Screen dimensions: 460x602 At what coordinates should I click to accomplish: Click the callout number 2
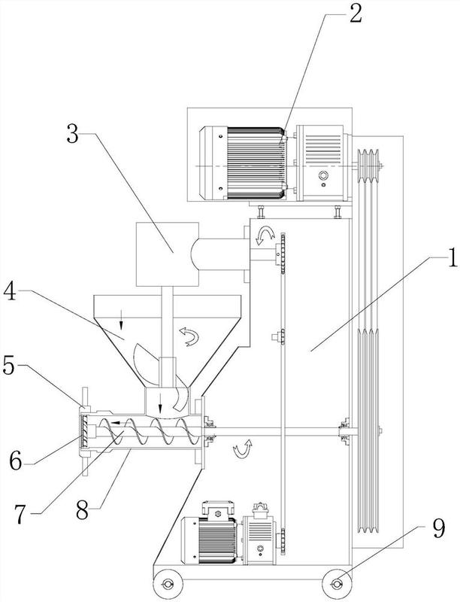click(x=355, y=14)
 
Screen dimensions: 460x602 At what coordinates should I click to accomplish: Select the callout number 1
click(x=452, y=257)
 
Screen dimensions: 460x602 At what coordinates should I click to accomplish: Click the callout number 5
click(x=9, y=366)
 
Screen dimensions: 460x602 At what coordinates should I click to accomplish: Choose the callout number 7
click(x=21, y=515)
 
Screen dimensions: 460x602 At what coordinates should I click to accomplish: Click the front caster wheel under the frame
click(x=168, y=585)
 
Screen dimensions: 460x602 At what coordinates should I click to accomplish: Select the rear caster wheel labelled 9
click(x=337, y=585)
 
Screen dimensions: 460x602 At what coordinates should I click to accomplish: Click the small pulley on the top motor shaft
click(x=368, y=166)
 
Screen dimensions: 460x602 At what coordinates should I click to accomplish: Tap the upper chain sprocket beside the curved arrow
click(x=283, y=253)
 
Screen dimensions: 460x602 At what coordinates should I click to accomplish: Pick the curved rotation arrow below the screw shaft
click(x=243, y=449)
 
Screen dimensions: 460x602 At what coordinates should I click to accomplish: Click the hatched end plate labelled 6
click(x=85, y=432)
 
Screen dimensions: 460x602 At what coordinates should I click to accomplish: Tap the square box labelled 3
click(x=168, y=254)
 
